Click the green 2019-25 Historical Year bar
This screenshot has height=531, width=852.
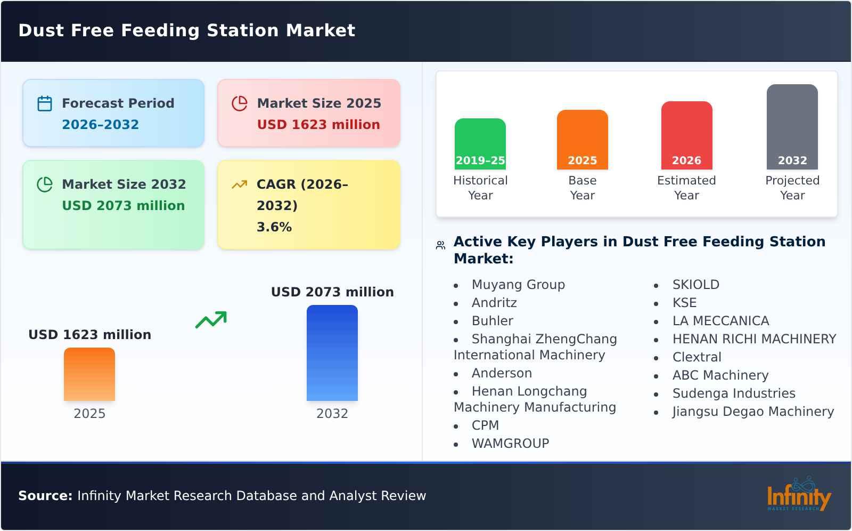[x=480, y=143]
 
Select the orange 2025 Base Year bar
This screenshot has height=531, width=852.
[x=582, y=139]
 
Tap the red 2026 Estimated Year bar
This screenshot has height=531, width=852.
[x=686, y=135]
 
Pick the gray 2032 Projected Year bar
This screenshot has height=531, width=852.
[x=792, y=126]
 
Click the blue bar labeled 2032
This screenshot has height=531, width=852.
[x=332, y=352]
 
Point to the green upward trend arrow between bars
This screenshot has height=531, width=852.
[x=211, y=320]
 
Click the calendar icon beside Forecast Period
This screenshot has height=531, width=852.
[x=45, y=103]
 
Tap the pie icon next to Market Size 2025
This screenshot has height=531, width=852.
[x=240, y=103]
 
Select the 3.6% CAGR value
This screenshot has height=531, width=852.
[x=274, y=227]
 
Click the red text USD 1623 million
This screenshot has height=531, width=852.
[x=318, y=125]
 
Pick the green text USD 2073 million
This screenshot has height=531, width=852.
[x=123, y=206]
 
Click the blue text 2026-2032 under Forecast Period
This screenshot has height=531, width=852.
[x=100, y=125]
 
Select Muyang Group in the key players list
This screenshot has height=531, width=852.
[x=518, y=285]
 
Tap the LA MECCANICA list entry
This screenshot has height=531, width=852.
[x=720, y=321]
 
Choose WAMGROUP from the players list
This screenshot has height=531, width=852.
[x=510, y=444]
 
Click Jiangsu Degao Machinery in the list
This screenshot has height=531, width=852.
[x=753, y=412]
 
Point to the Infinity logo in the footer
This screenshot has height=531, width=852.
[x=798, y=495]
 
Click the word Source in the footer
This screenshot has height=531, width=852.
[x=45, y=496]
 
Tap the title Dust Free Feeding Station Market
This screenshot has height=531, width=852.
[x=186, y=30]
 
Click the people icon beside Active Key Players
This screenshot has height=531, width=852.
[x=440, y=245]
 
